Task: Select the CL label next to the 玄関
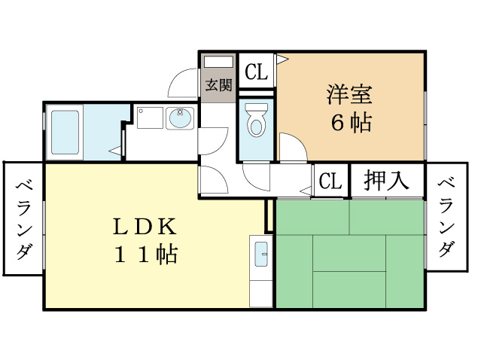pyautogui.click(x=256, y=72)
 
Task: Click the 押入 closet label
pyautogui.click(x=386, y=181)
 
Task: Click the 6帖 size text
pyautogui.click(x=350, y=122)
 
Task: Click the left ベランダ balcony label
pyautogui.click(x=23, y=218)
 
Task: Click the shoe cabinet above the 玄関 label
pyautogui.click(x=218, y=63)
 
